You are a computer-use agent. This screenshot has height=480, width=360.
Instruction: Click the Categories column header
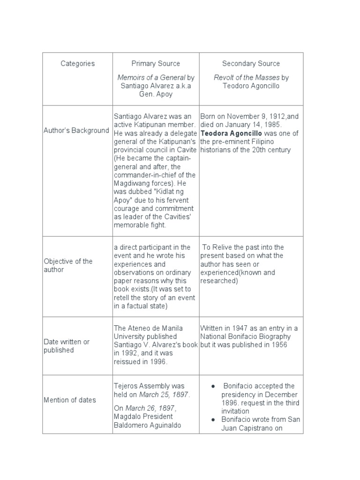click(77, 63)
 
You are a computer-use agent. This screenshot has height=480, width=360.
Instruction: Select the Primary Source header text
click(156, 63)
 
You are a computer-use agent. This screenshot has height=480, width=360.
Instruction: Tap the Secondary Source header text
click(251, 63)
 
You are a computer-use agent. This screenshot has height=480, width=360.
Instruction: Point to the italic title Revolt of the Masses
click(247, 77)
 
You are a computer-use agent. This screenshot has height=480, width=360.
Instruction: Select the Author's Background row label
click(76, 130)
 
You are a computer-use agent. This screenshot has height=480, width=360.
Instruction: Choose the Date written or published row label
click(66, 346)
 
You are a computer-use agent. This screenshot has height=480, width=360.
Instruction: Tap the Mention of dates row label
click(69, 400)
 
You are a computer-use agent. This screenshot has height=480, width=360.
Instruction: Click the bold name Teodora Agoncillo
click(227, 133)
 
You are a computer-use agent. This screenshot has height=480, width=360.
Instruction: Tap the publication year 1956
click(278, 345)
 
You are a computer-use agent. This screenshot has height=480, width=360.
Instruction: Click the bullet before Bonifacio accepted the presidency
click(213, 386)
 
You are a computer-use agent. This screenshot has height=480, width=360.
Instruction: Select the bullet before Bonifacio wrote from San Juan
click(213, 420)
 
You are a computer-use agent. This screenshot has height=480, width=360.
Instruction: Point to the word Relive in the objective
click(224, 247)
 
